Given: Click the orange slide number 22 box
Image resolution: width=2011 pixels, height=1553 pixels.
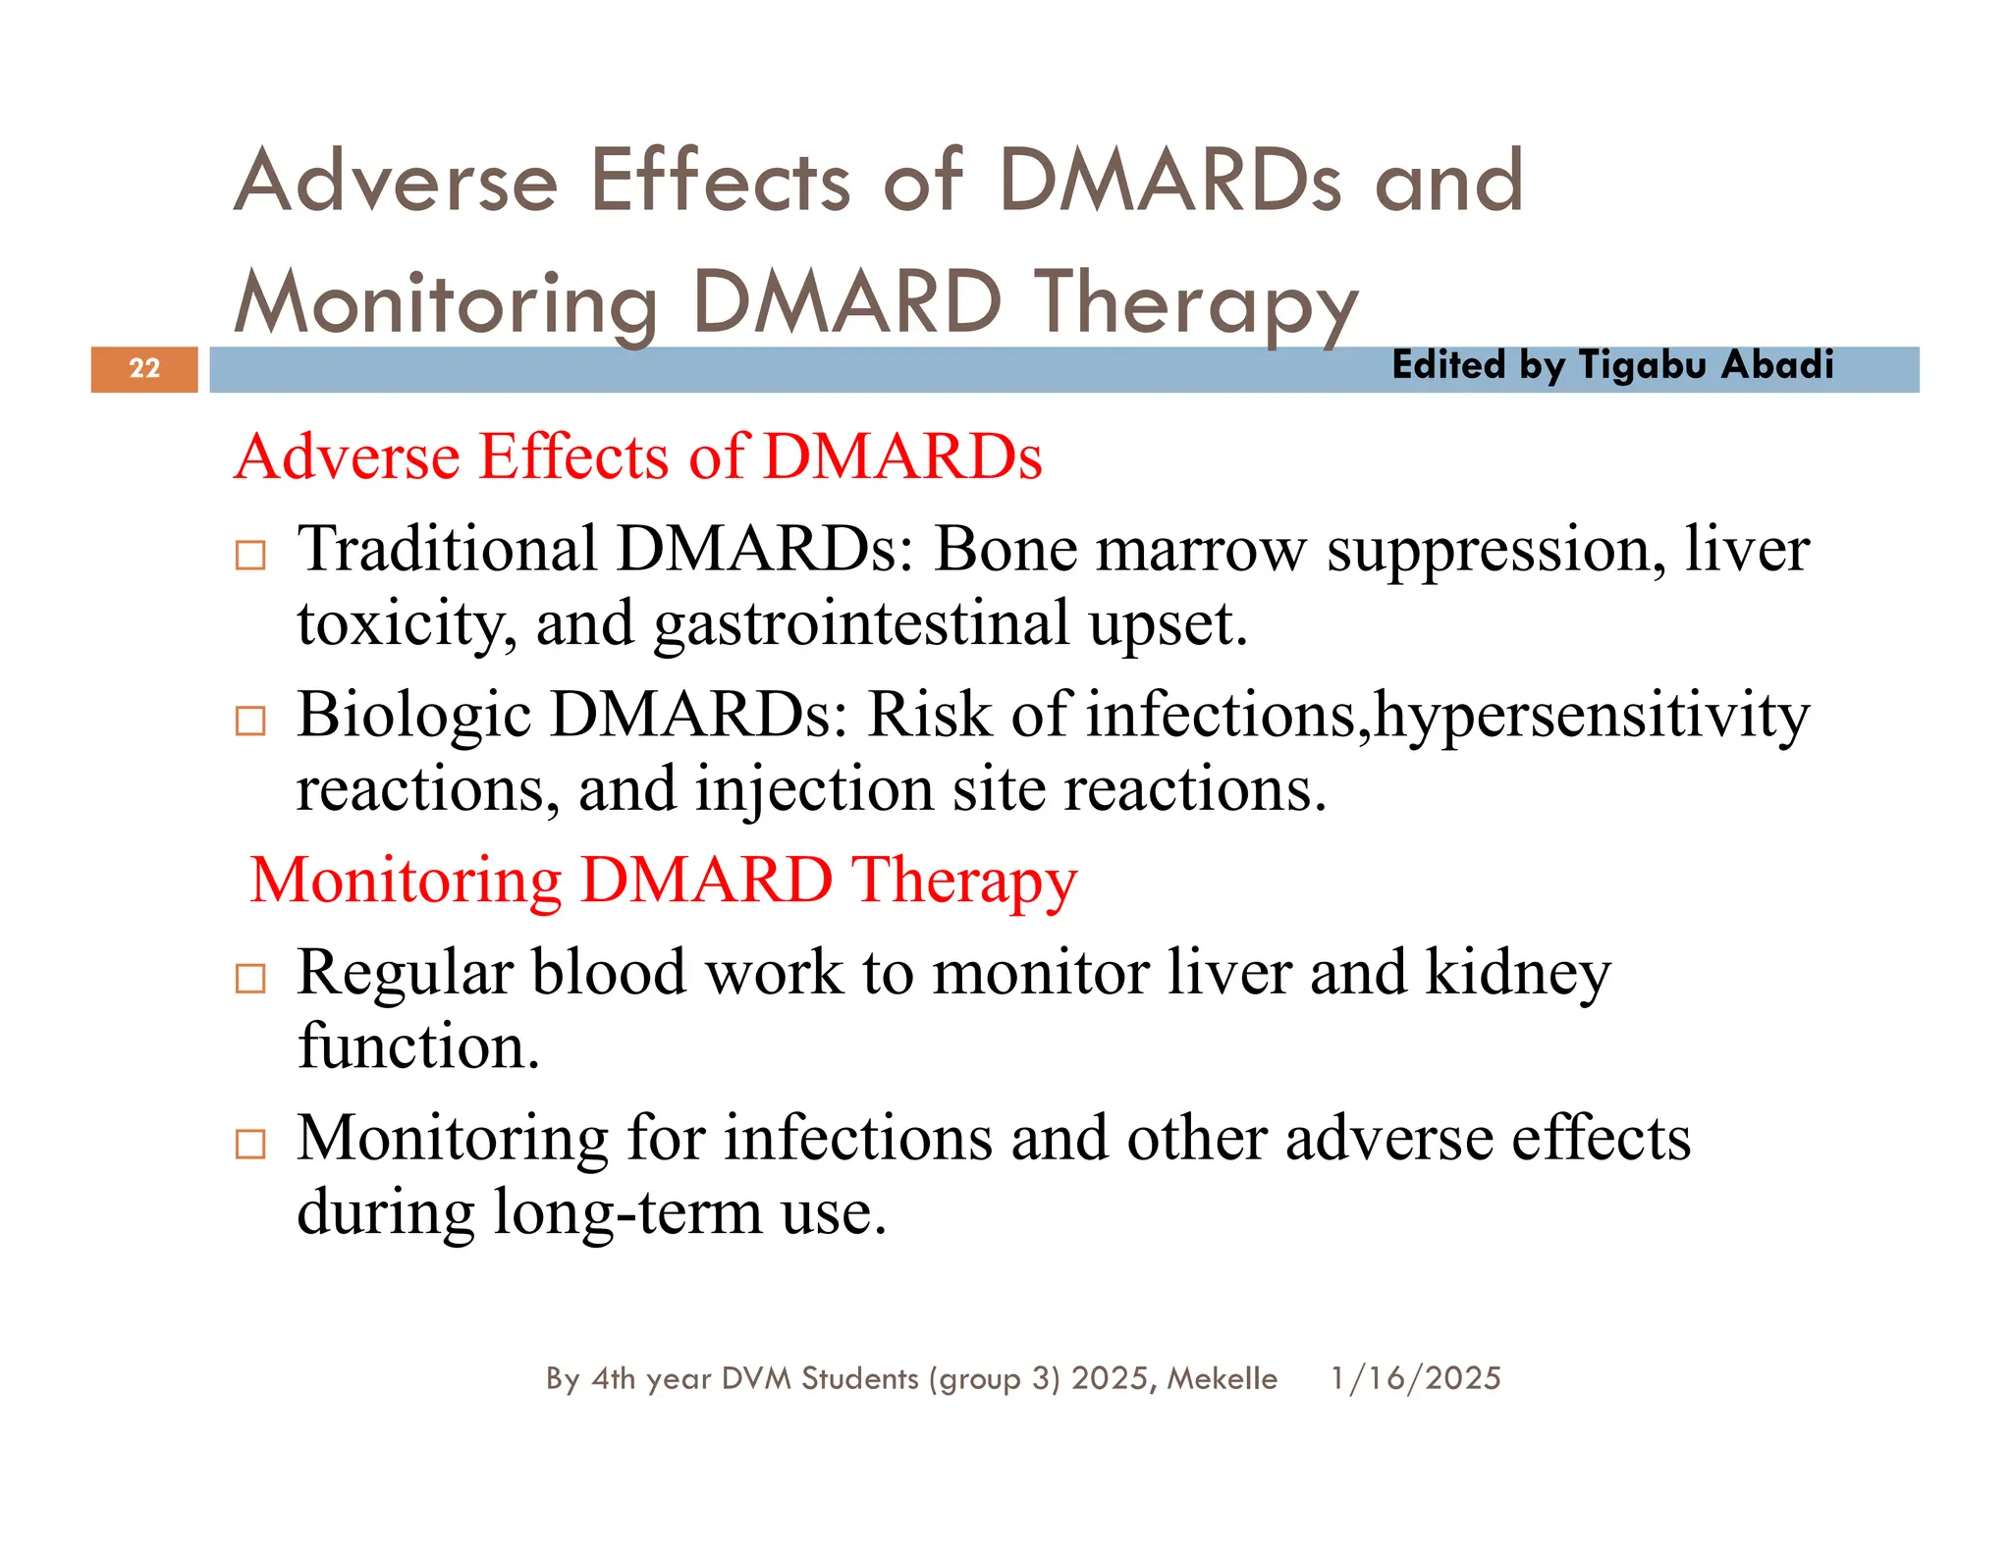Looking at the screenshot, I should point(144,369).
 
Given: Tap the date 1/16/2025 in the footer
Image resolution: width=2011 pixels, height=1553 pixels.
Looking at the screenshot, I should point(1415,1378).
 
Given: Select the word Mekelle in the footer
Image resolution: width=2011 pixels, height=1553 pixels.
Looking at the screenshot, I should point(1222,1378).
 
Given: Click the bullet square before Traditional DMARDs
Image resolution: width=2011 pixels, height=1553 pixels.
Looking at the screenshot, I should point(250,556).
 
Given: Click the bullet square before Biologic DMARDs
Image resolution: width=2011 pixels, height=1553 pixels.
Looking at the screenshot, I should point(250,722).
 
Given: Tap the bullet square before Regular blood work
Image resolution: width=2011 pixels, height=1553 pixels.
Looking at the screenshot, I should point(250,979).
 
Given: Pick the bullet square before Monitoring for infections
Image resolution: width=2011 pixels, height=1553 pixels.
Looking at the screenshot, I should point(250,1145).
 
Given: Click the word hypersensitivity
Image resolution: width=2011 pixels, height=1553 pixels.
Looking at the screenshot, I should point(1591,716).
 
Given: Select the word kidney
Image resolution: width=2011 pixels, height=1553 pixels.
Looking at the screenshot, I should point(1517,973).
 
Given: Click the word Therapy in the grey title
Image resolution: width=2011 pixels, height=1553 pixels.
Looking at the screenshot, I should point(1196,304).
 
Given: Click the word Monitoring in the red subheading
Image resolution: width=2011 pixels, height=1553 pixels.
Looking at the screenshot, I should point(406,881).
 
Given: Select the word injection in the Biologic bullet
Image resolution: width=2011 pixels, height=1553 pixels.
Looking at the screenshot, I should point(814,790).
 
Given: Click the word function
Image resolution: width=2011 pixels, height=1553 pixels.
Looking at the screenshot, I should point(418,1046).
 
